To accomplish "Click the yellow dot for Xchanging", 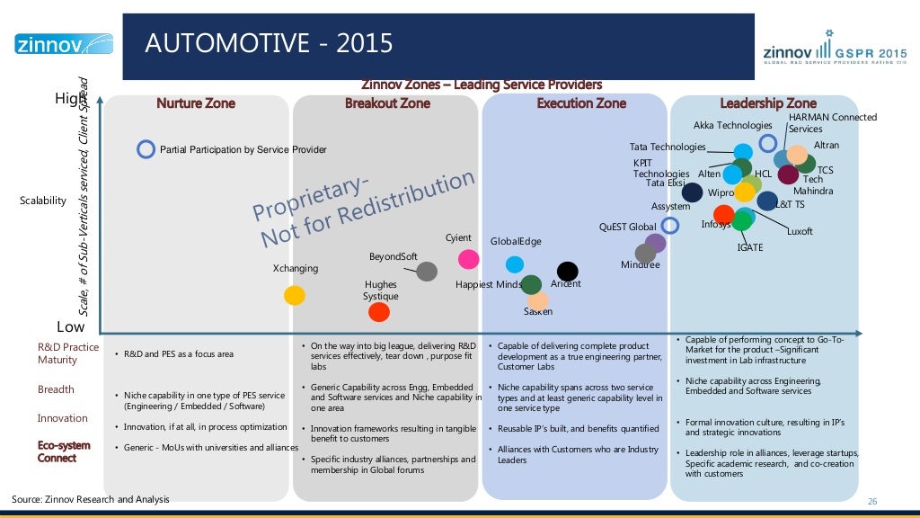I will [x=294, y=295].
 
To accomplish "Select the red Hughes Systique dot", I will [x=379, y=311].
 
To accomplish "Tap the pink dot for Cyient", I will [x=468, y=259].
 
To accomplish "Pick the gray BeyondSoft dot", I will [x=427, y=271].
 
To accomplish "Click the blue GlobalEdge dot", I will [x=515, y=264].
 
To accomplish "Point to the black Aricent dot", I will [x=567, y=271].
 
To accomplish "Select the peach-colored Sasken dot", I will [x=538, y=301].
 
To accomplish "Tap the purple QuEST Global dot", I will [x=655, y=243].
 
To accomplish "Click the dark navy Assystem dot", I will [x=692, y=192].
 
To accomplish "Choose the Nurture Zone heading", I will [x=196, y=103].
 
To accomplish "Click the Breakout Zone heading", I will [x=387, y=103].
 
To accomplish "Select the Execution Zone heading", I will [x=581, y=103].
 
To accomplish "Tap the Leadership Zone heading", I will [x=768, y=103].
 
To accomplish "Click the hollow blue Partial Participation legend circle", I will [x=146, y=149].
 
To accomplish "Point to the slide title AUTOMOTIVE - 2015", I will [x=270, y=43].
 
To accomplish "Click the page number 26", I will [x=871, y=501].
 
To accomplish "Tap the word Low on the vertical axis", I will [x=71, y=326].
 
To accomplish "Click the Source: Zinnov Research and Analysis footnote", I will [x=90, y=499].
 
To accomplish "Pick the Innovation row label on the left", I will [x=62, y=418].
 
